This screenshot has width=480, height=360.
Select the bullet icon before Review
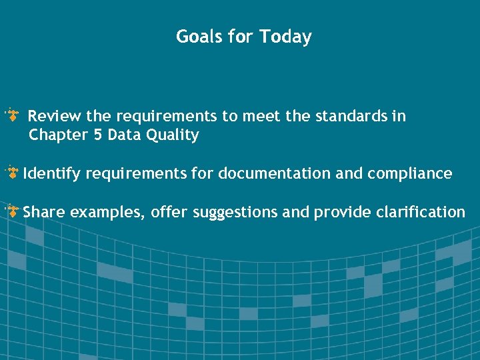coord(13,116)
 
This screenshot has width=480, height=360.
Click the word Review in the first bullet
coord(55,116)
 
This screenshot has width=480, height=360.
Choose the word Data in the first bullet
coord(123,135)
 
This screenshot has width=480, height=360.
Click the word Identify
coord(52,174)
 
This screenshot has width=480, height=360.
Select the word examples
coord(106,213)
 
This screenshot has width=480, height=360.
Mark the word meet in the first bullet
coord(261,116)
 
